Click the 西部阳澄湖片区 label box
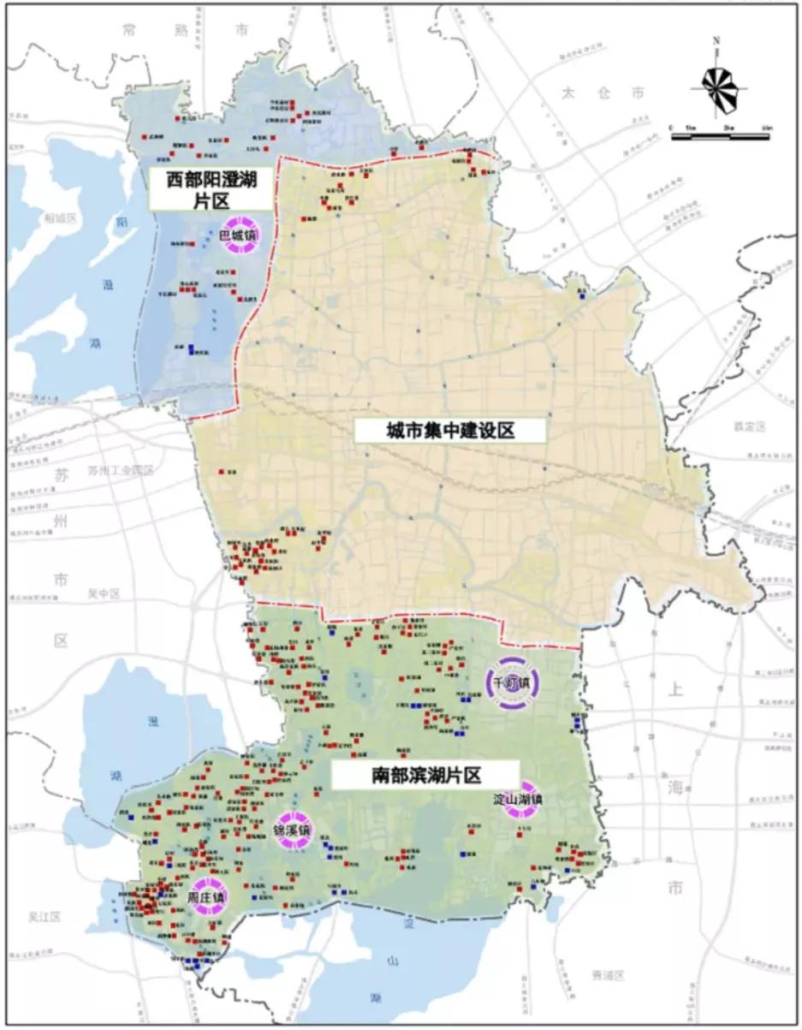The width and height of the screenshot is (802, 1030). click(x=211, y=188)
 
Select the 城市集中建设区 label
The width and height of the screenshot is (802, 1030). click(x=450, y=431)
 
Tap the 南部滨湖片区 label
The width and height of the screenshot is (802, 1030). click(x=425, y=776)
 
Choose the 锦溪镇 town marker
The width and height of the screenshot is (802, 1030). click(x=293, y=830)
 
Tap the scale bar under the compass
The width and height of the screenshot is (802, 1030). click(x=721, y=133)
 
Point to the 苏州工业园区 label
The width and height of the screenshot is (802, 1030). click(x=120, y=471)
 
